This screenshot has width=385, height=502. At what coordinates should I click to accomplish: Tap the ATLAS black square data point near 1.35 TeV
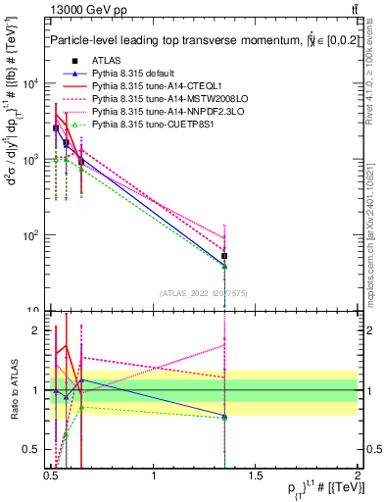click(225, 256)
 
